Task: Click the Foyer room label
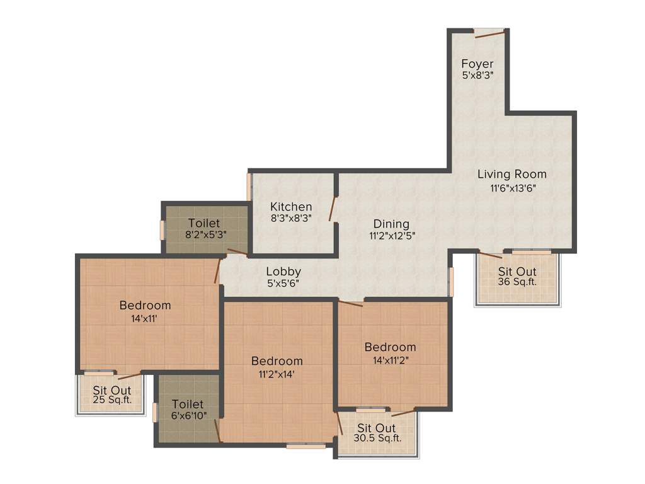coord(477,64)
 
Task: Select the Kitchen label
coord(291,207)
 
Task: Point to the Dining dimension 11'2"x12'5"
coord(391,235)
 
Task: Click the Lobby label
coord(283,272)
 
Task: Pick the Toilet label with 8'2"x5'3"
coord(204,223)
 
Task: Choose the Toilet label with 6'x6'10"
coord(188,404)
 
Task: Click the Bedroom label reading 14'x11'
coord(145,306)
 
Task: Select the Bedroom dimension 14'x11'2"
coord(391,359)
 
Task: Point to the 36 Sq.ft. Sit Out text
coord(517,282)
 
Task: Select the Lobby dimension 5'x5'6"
coord(283,284)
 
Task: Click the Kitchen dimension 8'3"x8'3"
coord(291,218)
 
